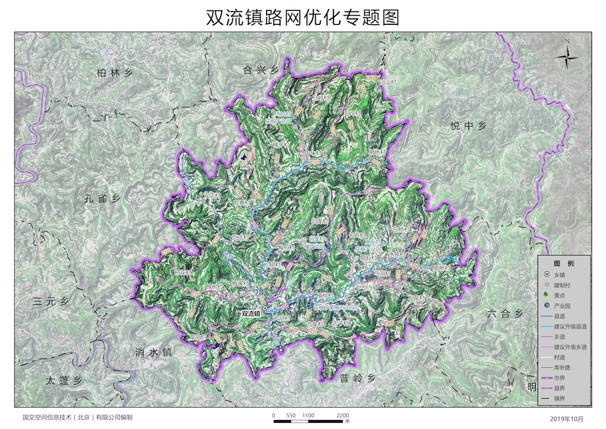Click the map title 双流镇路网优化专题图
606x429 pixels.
[x=303, y=18]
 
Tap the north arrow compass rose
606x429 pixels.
[x=567, y=58]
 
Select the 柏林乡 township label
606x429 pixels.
[x=114, y=73]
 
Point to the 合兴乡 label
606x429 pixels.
[x=260, y=71]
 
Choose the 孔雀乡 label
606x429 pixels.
[x=103, y=198]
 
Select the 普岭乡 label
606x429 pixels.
[x=358, y=378]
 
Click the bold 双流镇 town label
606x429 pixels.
[x=250, y=314]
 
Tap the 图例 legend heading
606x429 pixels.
[x=564, y=264]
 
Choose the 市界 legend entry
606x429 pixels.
[x=560, y=378]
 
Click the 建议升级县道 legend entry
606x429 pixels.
[x=571, y=327]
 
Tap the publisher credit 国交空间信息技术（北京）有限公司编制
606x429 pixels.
[x=77, y=417]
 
